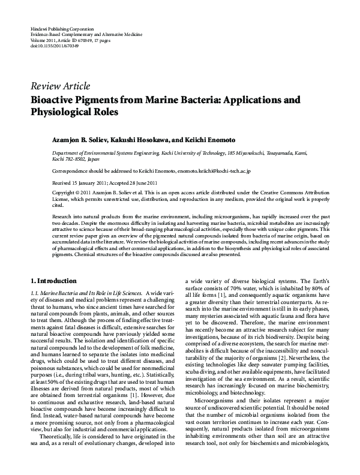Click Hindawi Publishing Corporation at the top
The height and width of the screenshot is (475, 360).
click(61, 29)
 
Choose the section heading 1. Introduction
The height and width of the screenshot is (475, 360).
click(53, 281)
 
